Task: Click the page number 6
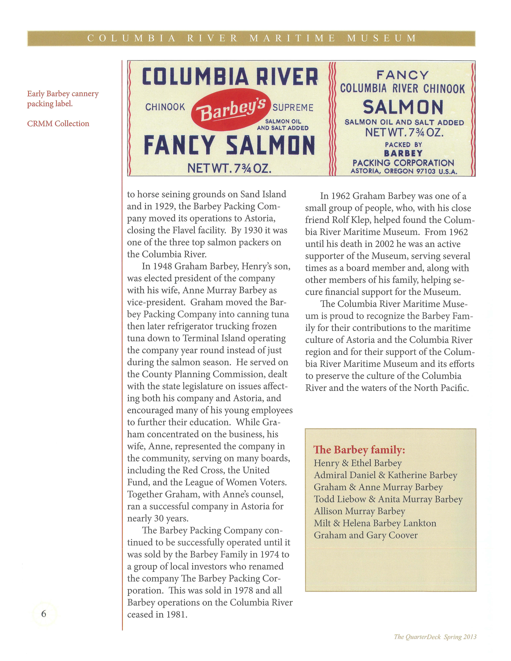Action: (44, 613)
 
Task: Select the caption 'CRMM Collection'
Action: (58, 123)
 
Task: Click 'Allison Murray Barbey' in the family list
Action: (359, 511)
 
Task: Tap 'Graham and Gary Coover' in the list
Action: (365, 535)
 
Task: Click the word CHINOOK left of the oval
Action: (165, 107)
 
